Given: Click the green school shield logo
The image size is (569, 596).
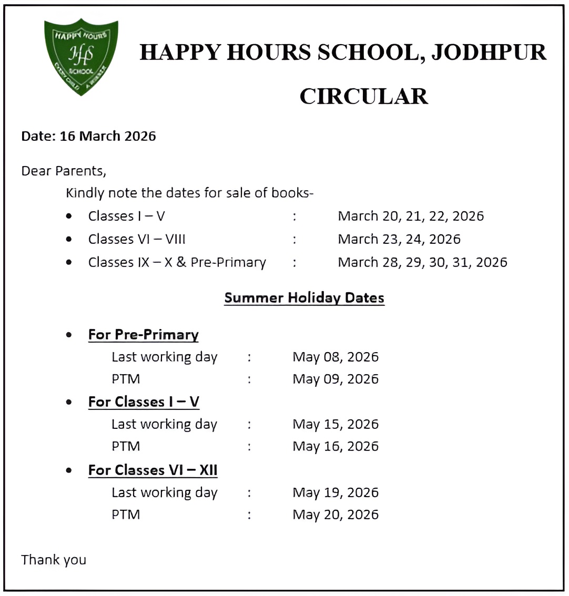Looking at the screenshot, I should click(x=81, y=56).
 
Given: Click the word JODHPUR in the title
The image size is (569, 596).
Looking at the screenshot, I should click(x=489, y=53).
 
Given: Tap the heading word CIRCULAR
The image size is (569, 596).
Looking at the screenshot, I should click(x=363, y=96).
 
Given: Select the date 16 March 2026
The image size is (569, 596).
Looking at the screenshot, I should click(x=108, y=136).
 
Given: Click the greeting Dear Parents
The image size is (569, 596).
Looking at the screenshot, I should click(x=63, y=171).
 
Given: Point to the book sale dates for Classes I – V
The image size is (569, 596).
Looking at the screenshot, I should click(x=411, y=216).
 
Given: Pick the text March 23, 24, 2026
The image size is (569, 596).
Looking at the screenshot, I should click(x=399, y=239).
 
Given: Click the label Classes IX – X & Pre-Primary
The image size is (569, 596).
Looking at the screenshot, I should click(x=177, y=262).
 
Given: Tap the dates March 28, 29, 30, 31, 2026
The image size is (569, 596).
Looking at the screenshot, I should click(x=422, y=262).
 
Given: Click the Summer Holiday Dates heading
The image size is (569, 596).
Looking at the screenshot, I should click(x=304, y=297).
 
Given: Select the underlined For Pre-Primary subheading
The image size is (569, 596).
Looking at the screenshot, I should click(x=143, y=335).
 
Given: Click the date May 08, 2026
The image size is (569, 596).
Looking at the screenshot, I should click(x=336, y=357).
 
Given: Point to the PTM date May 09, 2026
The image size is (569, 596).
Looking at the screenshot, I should click(x=336, y=379).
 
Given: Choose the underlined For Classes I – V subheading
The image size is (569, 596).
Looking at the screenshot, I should click(x=144, y=402).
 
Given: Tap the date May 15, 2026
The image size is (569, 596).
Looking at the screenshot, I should click(x=336, y=424).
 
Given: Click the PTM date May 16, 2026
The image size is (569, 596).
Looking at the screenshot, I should click(x=336, y=446).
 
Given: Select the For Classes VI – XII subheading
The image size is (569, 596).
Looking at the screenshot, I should click(x=153, y=470).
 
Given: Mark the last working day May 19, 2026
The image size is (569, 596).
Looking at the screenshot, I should click(x=336, y=492).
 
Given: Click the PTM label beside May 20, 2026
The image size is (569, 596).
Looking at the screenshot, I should click(x=126, y=515).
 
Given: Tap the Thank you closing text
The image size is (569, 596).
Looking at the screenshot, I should click(x=54, y=560).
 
